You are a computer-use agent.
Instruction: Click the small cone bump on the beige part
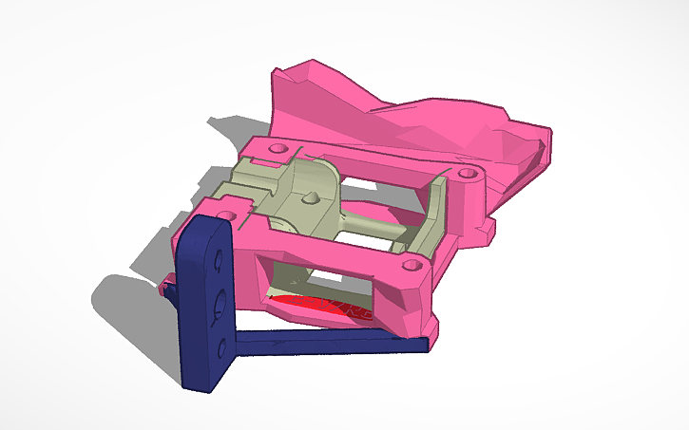click(310, 199)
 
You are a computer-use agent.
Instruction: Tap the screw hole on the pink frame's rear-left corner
click(279, 149)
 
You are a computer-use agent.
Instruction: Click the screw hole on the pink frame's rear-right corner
click(466, 174)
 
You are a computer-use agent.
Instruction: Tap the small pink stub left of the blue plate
click(169, 283)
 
